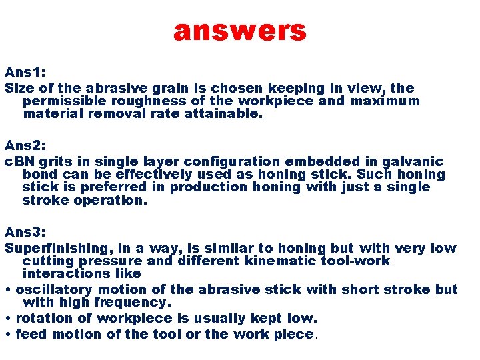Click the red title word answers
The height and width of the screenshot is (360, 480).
point(239,31)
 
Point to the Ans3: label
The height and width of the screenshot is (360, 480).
point(25,231)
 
